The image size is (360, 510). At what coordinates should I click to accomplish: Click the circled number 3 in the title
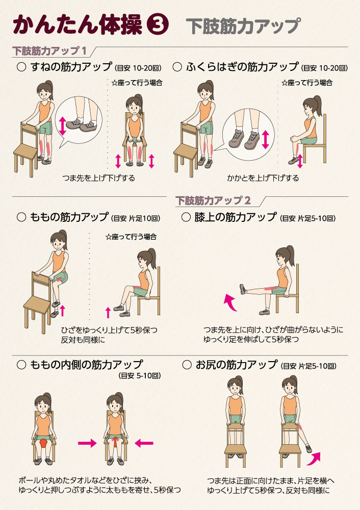coord(158,25)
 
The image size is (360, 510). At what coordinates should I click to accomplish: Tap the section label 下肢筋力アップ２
coord(213,200)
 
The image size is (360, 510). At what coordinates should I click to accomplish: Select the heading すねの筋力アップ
coord(71,67)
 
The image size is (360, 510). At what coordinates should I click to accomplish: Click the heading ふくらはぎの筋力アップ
coord(242,67)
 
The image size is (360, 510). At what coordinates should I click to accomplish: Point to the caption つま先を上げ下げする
coord(98,178)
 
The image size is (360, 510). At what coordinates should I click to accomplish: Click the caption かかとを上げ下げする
coord(263,178)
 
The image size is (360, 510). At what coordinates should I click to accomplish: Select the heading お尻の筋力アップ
coord(237,365)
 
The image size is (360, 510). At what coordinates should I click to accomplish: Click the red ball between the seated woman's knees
coord(43,444)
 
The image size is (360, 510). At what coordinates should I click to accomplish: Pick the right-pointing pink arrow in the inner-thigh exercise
coord(87,443)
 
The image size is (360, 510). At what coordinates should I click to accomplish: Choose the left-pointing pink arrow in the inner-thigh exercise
coord(144,443)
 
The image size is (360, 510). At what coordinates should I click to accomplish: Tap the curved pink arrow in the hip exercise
coord(314,458)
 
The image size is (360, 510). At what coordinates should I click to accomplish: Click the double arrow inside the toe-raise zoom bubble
coord(62,126)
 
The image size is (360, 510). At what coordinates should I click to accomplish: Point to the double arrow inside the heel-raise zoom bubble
coord(265,139)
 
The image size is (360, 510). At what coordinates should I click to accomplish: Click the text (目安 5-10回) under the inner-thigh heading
coord(140,376)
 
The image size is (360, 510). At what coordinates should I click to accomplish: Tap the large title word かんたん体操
coord(78,24)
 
